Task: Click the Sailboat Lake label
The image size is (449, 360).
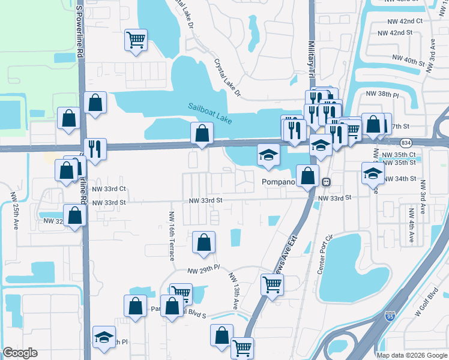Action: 209,112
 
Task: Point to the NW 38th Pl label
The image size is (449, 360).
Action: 382,95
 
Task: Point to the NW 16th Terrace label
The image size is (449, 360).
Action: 172,236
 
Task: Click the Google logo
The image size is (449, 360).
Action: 20,353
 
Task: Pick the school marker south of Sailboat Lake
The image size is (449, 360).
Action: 268,155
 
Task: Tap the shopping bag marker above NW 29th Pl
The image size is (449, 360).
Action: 203,242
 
